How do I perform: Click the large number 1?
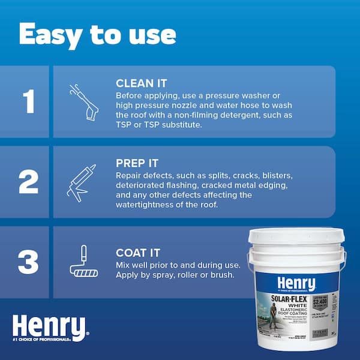coord(28,103)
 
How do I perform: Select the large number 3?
coord(28,262)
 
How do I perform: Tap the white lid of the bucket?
coord(297,235)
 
